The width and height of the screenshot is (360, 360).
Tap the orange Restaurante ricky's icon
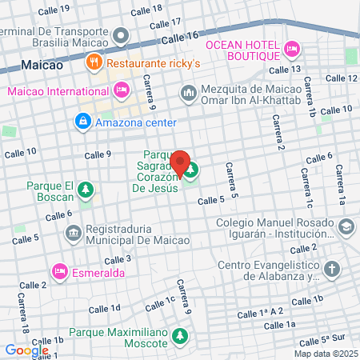click(94, 61)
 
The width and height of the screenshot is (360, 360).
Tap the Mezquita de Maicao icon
click(189, 93)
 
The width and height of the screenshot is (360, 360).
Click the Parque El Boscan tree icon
click(85, 190)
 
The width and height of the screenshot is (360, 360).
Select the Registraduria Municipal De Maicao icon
click(73, 234)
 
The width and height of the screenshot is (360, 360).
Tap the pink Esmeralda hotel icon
click(59, 273)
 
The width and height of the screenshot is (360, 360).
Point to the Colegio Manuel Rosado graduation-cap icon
click(345, 227)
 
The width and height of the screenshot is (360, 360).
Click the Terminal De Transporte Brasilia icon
click(121, 36)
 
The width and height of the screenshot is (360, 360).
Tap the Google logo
click(26, 350)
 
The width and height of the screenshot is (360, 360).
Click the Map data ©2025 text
click(325, 353)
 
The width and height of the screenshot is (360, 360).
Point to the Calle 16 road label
click(179, 38)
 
